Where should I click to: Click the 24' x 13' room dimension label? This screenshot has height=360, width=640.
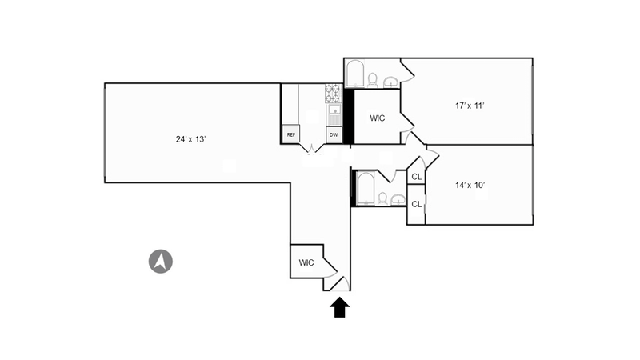click(x=191, y=139)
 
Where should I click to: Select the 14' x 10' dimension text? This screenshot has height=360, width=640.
click(x=471, y=185)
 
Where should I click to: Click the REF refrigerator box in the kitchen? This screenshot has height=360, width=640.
click(x=291, y=134)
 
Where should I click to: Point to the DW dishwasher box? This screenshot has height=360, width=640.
click(x=334, y=134)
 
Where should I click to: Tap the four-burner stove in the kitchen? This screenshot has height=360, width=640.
click(x=333, y=94)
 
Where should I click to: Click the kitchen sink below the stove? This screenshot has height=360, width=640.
click(x=334, y=113)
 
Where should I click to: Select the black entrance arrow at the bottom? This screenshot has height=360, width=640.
click(x=339, y=307)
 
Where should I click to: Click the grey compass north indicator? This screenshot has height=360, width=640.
click(x=162, y=261)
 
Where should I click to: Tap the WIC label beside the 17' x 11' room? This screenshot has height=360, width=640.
click(x=378, y=118)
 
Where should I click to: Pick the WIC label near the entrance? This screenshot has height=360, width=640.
click(x=306, y=262)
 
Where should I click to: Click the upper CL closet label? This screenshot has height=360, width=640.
click(x=416, y=177)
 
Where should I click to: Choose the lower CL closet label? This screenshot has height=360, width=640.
click(x=416, y=204)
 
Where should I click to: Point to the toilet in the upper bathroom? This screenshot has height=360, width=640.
click(x=372, y=79)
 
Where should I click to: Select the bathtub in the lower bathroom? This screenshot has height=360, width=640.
click(x=366, y=188)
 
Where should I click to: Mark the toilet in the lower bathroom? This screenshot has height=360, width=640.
click(x=382, y=198)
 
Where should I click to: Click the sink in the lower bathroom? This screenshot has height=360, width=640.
click(x=398, y=199)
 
